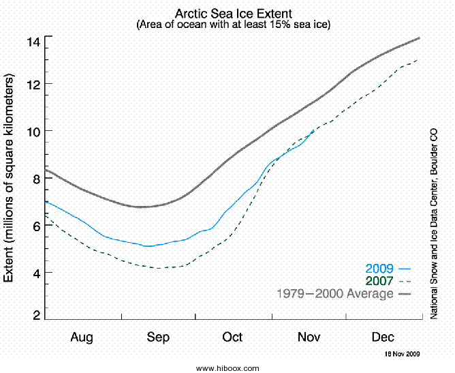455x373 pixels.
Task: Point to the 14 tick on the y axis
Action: pyautogui.click(x=33, y=42)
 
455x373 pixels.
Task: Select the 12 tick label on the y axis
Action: pyautogui.click(x=33, y=84)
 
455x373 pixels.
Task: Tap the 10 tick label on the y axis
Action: pyautogui.click(x=33, y=131)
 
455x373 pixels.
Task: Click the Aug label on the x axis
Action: pyautogui.click(x=81, y=338)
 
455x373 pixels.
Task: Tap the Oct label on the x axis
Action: pyautogui.click(x=232, y=338)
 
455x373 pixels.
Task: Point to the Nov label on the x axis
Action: pyautogui.click(x=309, y=338)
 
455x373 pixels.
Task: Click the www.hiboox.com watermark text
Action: pyautogui.click(x=227, y=368)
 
